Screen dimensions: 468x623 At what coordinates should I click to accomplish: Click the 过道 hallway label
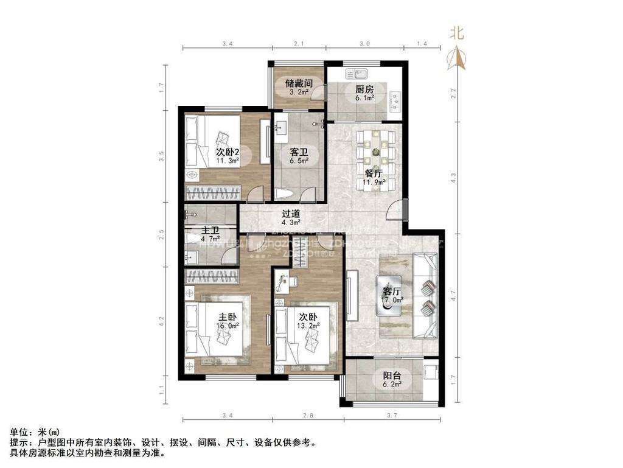coord(291,214)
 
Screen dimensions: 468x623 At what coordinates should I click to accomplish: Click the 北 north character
coord(457,33)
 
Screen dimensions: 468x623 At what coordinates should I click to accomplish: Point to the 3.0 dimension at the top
coord(364,44)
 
